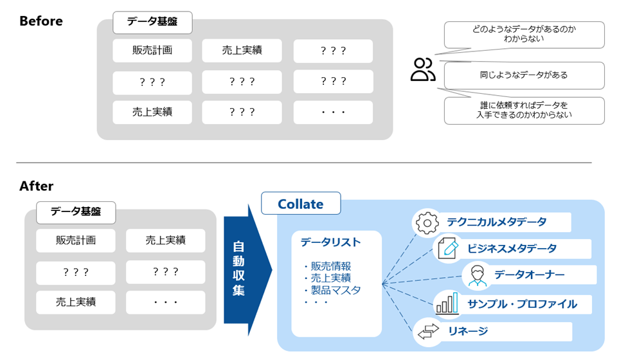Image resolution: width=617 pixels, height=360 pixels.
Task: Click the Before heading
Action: pos(41,21)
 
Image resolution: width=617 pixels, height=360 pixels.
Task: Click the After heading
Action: pos(36,186)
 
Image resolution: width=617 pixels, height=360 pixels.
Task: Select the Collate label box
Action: pos(300,204)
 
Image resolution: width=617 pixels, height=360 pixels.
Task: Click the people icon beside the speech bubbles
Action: pos(422,70)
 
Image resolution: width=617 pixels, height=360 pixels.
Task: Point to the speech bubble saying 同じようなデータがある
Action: pos(524,75)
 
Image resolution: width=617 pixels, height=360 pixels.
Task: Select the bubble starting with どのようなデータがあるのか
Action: pos(524,34)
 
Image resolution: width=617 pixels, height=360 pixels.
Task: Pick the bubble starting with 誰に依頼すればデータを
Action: pos(524,111)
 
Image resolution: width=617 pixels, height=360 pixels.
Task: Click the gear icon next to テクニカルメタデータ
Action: pos(427,222)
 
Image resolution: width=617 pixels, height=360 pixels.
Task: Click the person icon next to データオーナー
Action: pos(476,275)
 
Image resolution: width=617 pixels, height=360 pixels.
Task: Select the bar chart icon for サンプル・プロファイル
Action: pos(447,303)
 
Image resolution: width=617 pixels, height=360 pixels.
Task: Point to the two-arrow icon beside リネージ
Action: pos(427,332)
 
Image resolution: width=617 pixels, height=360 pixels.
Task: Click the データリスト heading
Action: pos(330,242)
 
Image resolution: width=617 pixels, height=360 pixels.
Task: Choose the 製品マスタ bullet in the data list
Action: pos(332,290)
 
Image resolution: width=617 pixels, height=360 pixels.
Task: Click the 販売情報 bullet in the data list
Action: pos(327,266)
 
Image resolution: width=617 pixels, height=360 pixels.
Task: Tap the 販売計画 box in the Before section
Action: pos(152,51)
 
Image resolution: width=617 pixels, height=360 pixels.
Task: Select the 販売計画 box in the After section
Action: pos(76,240)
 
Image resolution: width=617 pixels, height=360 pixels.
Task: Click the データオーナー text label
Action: pos(530,275)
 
